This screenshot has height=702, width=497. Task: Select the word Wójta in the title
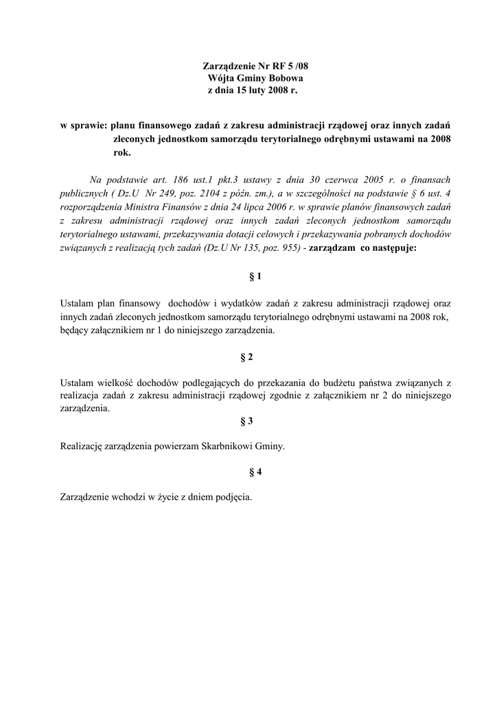(x=220, y=78)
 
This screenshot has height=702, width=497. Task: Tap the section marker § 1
(x=255, y=276)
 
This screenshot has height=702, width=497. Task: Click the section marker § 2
(x=248, y=358)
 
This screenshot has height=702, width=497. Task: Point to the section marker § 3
(x=248, y=421)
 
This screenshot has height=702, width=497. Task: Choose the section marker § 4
(x=255, y=472)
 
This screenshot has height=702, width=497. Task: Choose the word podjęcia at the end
(x=234, y=498)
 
